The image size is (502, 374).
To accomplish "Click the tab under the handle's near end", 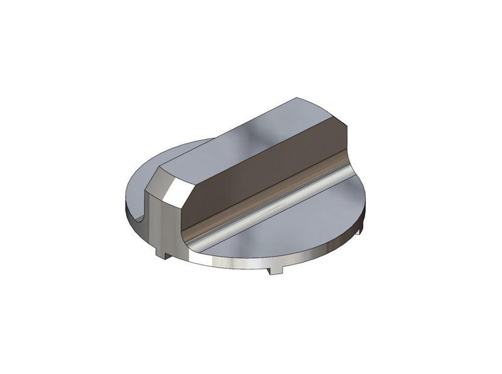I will click(x=165, y=254).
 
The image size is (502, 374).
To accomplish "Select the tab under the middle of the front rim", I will click(x=273, y=270).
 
